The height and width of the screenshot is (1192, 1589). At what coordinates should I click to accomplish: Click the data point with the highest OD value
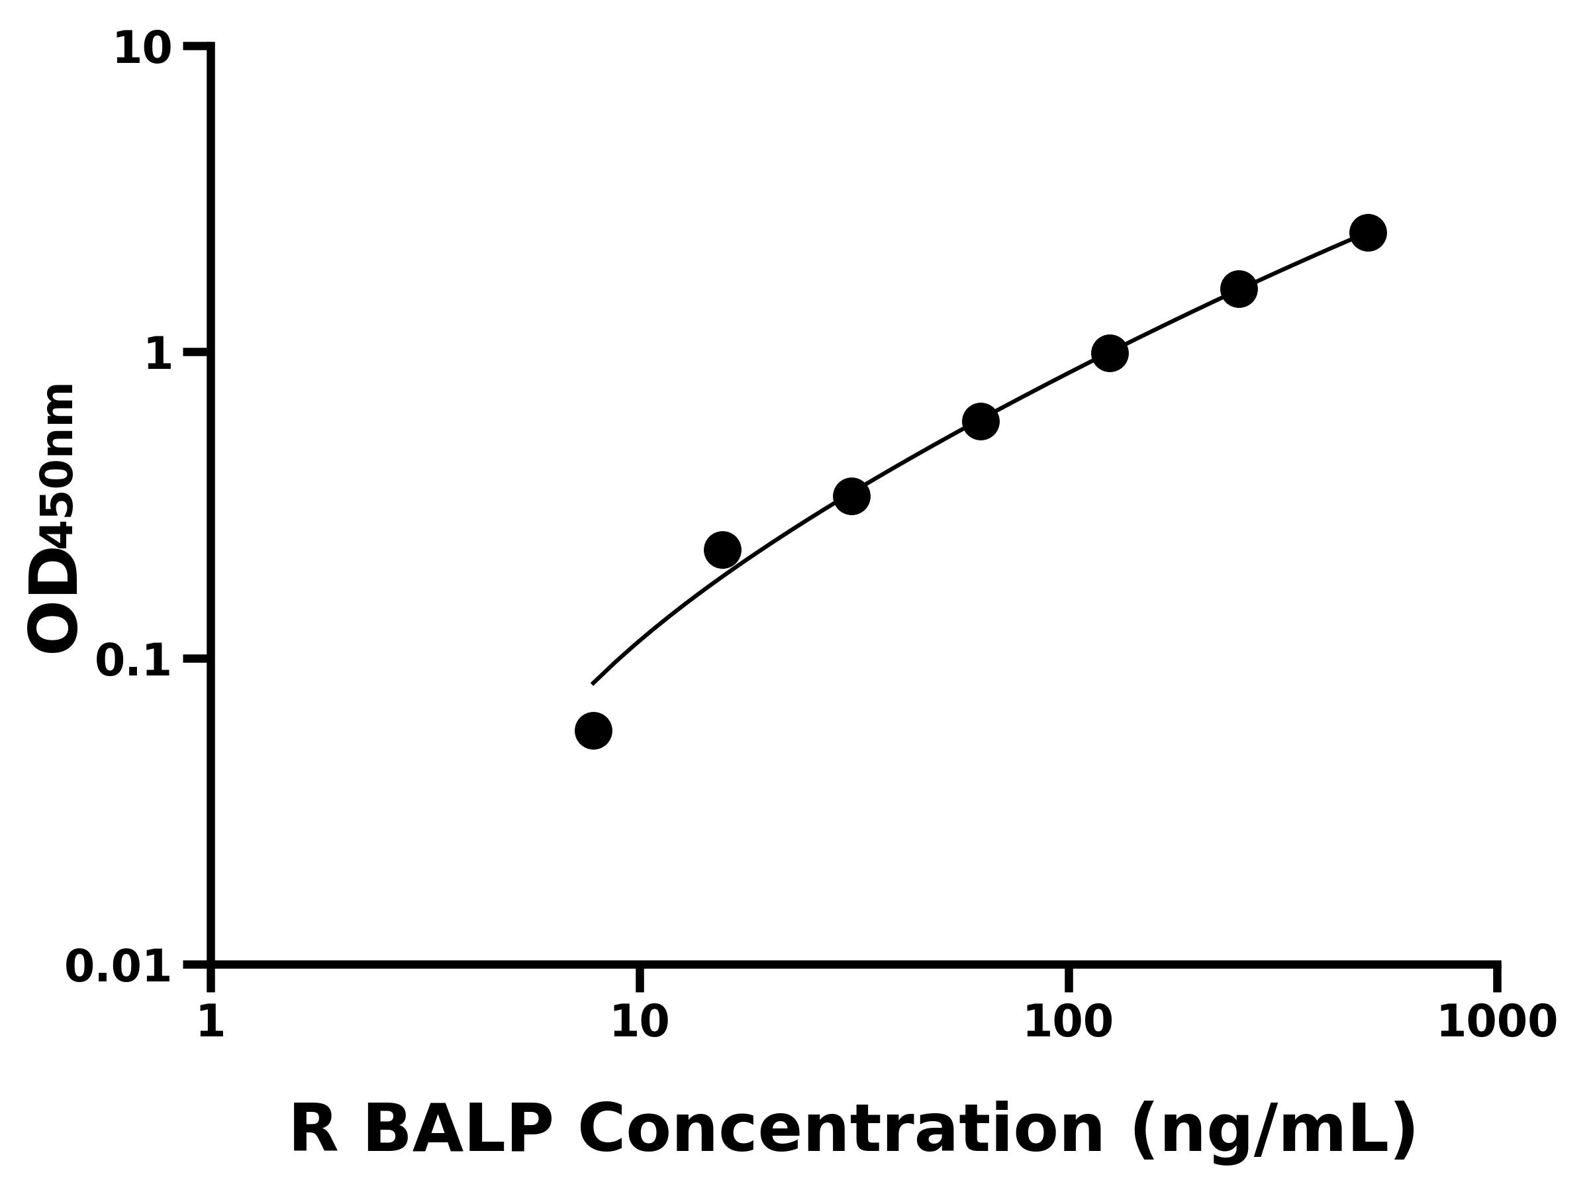point(1368,233)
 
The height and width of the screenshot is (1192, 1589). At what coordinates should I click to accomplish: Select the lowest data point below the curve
point(593,730)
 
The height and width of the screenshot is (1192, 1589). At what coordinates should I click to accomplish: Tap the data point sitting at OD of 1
point(1110,353)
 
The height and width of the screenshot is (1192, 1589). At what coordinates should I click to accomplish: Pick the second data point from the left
point(723,550)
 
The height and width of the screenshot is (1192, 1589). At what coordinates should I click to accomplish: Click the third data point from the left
point(852,496)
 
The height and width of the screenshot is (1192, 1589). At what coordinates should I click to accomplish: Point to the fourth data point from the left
point(981,421)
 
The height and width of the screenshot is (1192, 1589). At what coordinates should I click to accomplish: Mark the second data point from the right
point(1239,289)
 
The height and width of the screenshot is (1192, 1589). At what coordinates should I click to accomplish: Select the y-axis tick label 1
point(159,356)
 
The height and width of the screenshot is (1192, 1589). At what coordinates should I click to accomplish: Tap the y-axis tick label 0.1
point(134,661)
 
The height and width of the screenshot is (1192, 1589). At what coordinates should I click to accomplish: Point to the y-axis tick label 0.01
point(119,967)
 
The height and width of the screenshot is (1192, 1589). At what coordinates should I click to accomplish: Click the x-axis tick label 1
point(211,1022)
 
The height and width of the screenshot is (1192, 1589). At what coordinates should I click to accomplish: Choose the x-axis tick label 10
point(640,1022)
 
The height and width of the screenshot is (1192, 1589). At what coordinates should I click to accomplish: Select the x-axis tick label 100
point(1068,1022)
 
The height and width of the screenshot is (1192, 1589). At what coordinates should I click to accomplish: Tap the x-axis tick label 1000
point(1497,1022)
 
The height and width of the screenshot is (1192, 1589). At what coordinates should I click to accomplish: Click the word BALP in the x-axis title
point(458,1130)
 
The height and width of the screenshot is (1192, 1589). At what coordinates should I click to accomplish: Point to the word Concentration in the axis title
point(840,1130)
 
